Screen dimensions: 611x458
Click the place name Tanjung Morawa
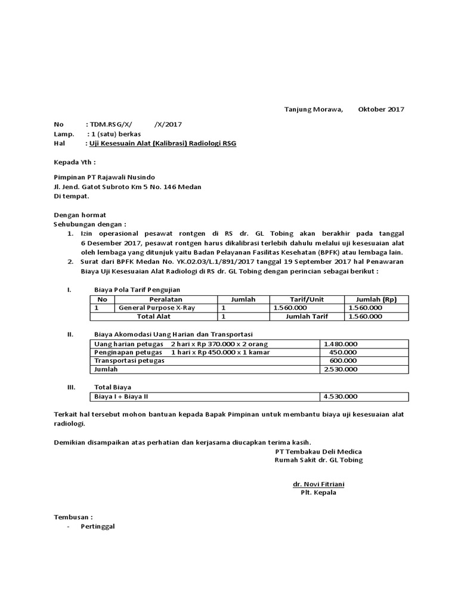click(x=305, y=109)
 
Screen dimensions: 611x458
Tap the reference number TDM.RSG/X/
click(x=110, y=124)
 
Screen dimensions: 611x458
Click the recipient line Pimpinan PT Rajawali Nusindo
click(x=104, y=177)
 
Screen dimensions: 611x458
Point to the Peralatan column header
click(x=166, y=299)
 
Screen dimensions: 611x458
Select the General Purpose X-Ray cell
click(x=157, y=308)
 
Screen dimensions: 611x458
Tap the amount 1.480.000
click(x=340, y=344)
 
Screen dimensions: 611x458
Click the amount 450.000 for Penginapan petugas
click(x=343, y=353)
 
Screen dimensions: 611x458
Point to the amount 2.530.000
click(x=340, y=369)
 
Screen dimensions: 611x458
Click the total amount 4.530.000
click(x=340, y=397)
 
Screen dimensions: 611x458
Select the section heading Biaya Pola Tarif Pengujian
click(x=137, y=289)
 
